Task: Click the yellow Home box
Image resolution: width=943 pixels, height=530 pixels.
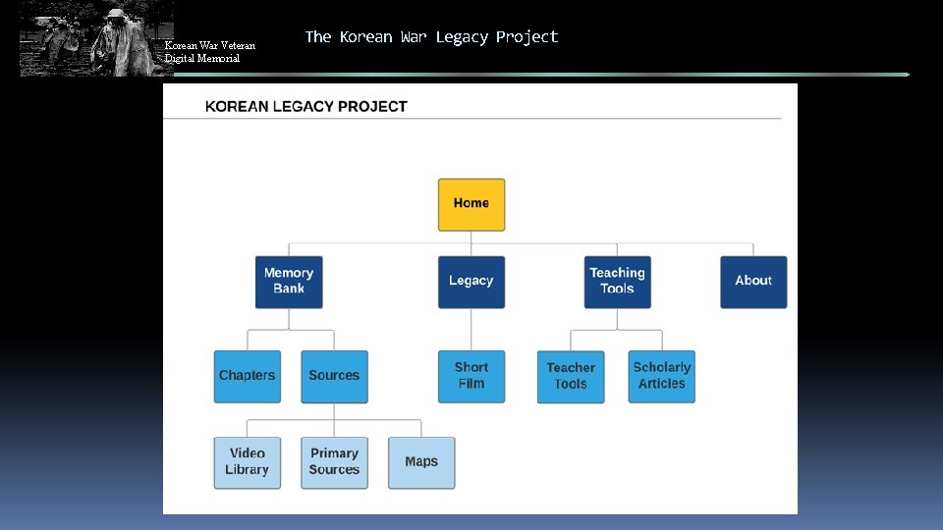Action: [471, 204]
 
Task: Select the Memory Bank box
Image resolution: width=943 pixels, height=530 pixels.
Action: [289, 282]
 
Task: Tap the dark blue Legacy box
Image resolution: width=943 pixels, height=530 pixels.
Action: [471, 282]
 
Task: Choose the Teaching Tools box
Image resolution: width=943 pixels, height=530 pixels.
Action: [617, 282]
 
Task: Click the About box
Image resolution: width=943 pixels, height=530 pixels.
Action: [753, 282]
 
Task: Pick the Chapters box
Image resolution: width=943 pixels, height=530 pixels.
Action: [248, 376]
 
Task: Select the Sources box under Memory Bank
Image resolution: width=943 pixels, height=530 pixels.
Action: [334, 376]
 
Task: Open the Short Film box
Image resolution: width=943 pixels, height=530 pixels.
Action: [471, 376]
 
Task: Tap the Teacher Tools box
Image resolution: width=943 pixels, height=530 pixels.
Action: [571, 377]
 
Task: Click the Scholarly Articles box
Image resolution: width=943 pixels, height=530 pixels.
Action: [662, 376]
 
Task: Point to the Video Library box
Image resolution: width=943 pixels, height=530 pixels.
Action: [248, 462]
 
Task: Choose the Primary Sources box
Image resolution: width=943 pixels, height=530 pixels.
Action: [334, 462]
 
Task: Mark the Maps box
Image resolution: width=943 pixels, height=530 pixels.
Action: [421, 462]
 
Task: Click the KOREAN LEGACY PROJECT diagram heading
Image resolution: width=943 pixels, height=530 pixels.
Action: [305, 106]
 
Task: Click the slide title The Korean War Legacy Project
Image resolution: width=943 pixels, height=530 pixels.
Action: [431, 37]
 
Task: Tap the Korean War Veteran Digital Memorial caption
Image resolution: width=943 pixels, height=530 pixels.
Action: [210, 52]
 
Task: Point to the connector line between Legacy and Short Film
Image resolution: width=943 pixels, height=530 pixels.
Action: [471, 329]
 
